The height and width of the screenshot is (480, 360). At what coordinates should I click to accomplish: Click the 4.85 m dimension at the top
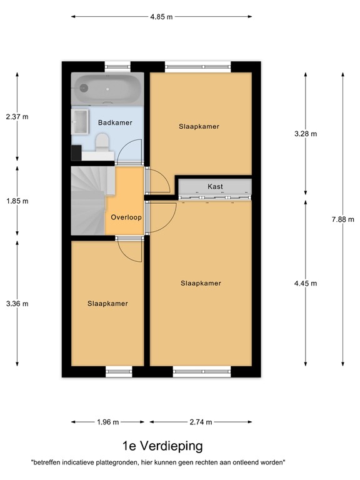(162, 17)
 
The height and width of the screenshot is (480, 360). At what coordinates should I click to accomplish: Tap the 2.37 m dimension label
(17, 116)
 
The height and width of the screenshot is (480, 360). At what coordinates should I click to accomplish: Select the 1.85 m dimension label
(17, 201)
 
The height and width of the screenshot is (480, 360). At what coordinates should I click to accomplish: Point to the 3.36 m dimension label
(17, 304)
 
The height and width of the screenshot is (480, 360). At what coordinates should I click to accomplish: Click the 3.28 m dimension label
(306, 134)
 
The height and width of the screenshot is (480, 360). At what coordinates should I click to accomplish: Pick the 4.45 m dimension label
(306, 284)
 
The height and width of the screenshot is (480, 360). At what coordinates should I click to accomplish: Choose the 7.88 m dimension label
(343, 219)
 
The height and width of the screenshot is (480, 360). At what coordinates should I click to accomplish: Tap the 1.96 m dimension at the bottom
(107, 422)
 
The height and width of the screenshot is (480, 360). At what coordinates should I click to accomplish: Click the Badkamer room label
(115, 122)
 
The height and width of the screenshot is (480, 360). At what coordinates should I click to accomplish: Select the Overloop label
(126, 217)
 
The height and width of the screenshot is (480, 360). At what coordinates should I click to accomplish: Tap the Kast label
(215, 187)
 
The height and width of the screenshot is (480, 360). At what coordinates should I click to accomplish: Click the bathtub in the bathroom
(107, 89)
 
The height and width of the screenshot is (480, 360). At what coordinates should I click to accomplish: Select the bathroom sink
(80, 121)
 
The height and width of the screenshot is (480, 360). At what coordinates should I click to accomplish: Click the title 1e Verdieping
(162, 446)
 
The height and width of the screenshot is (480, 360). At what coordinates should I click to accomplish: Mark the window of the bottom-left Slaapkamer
(119, 372)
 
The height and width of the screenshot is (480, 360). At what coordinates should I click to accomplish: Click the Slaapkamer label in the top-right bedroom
(199, 126)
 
